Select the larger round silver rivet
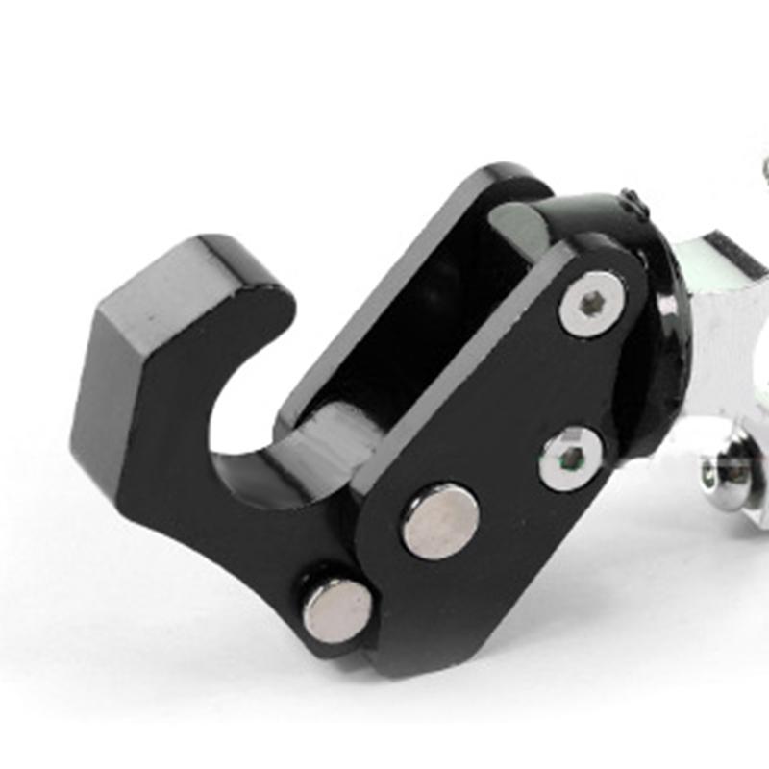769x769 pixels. pos(439,520)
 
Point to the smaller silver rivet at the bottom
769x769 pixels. pos(337,610)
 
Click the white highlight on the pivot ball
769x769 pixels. pos(663,308)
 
